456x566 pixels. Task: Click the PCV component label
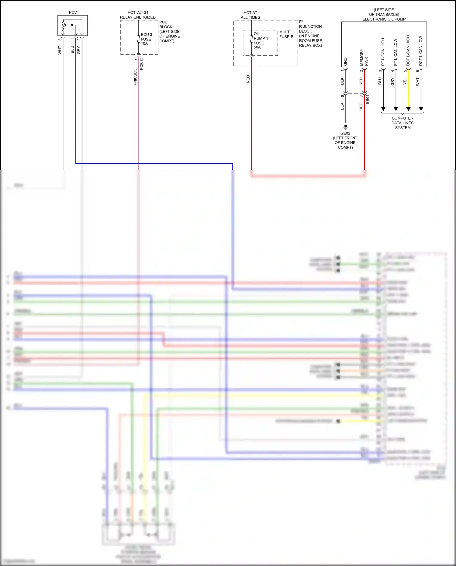pyautogui.click(x=73, y=12)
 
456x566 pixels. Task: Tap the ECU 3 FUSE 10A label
pyautogui.click(x=146, y=39)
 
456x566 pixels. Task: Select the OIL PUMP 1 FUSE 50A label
pyautogui.click(x=261, y=40)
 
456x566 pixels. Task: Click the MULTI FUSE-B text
pyautogui.click(x=286, y=34)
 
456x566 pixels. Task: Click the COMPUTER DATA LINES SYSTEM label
pyautogui.click(x=402, y=123)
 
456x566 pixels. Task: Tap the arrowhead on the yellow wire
pyautogui.click(x=408, y=109)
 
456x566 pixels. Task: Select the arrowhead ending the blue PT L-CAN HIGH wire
pyautogui.click(x=383, y=109)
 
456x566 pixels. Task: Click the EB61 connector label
pyautogui.click(x=368, y=99)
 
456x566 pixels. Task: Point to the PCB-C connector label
pyautogui.click(x=142, y=64)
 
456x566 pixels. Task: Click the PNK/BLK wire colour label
pyautogui.click(x=135, y=77)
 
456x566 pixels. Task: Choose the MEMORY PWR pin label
pyautogui.click(x=364, y=57)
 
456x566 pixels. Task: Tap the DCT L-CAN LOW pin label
pyautogui.click(x=421, y=51)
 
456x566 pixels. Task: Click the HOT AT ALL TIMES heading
pyautogui.click(x=250, y=15)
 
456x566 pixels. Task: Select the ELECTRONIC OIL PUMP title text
pyautogui.click(x=384, y=19)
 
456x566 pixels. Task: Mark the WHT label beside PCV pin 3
pyautogui.click(x=60, y=50)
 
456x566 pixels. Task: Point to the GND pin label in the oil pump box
pyautogui.click(x=345, y=61)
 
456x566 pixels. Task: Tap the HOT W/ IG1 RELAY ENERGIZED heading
pyautogui.click(x=138, y=15)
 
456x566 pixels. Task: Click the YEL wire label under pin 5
pyautogui.click(x=405, y=81)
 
